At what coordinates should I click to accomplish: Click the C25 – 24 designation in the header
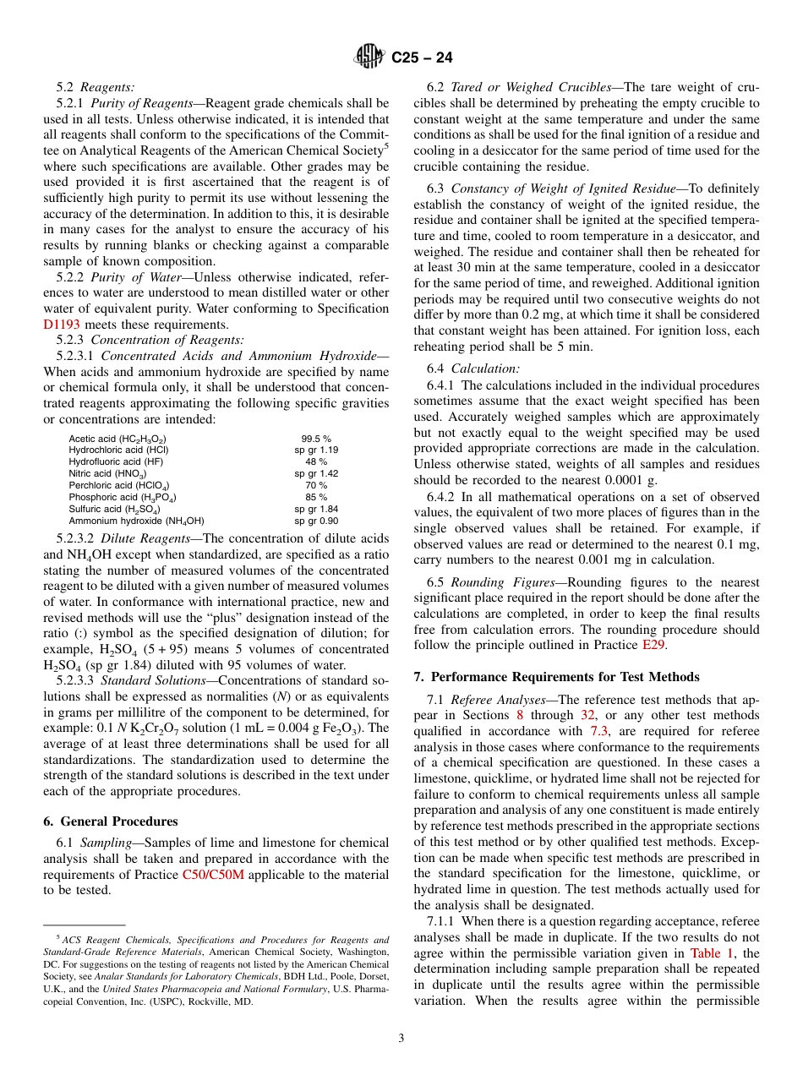pyautogui.click(x=422, y=57)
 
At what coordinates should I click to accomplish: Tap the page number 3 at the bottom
pyautogui.click(x=401, y=1038)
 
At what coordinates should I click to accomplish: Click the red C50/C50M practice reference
pyautogui.click(x=213, y=875)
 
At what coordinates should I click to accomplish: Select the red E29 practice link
pyautogui.click(x=653, y=645)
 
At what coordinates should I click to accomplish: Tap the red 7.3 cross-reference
pyautogui.click(x=598, y=731)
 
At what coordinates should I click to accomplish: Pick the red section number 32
pyautogui.click(x=588, y=715)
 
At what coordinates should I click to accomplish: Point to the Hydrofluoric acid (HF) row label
pyautogui.click(x=117, y=462)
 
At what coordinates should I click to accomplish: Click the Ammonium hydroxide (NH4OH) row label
pyautogui.click(x=137, y=521)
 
